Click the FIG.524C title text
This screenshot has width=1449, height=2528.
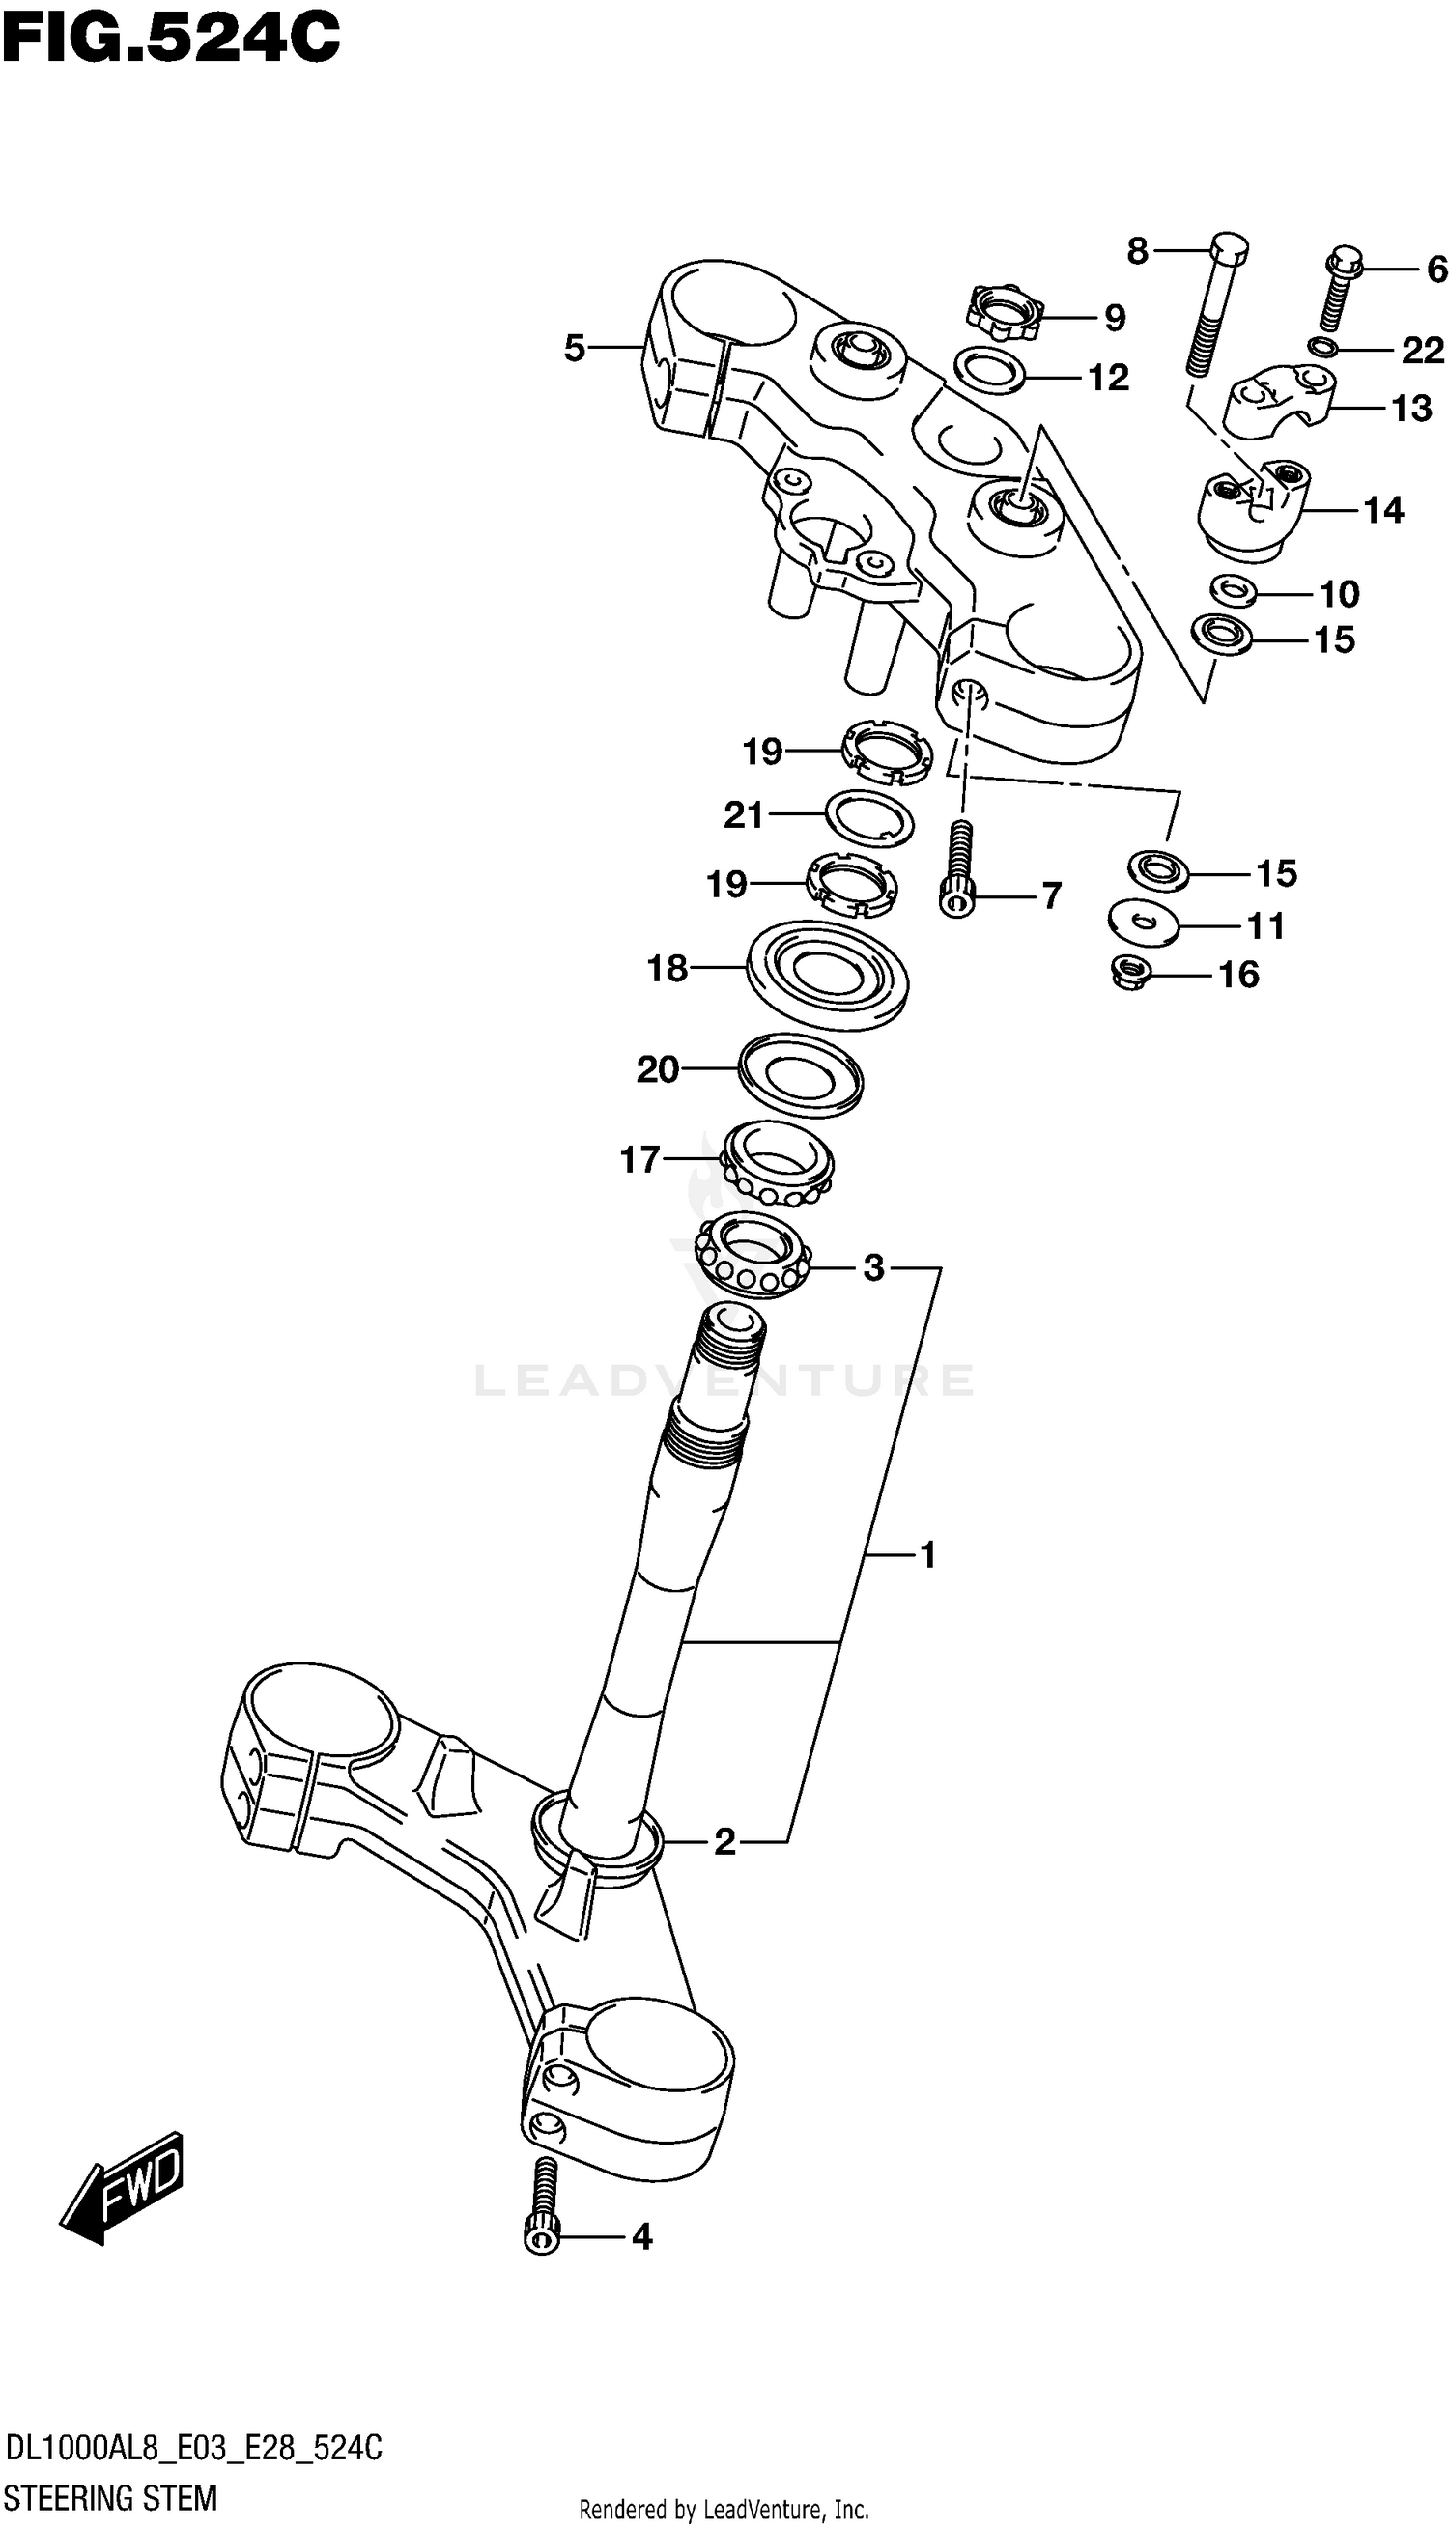coord(170,39)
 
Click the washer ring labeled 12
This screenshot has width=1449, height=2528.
coord(990,370)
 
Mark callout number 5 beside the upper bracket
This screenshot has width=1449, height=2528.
coord(574,348)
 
